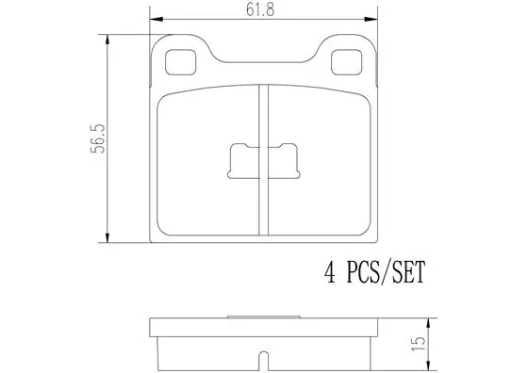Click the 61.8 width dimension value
260,9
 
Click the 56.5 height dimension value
98,138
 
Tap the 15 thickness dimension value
418,344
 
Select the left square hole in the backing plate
180,62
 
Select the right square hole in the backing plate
347,62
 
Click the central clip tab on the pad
264,161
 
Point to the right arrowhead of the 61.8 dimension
371,19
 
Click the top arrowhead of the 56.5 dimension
107,40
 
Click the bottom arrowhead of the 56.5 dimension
107,236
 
